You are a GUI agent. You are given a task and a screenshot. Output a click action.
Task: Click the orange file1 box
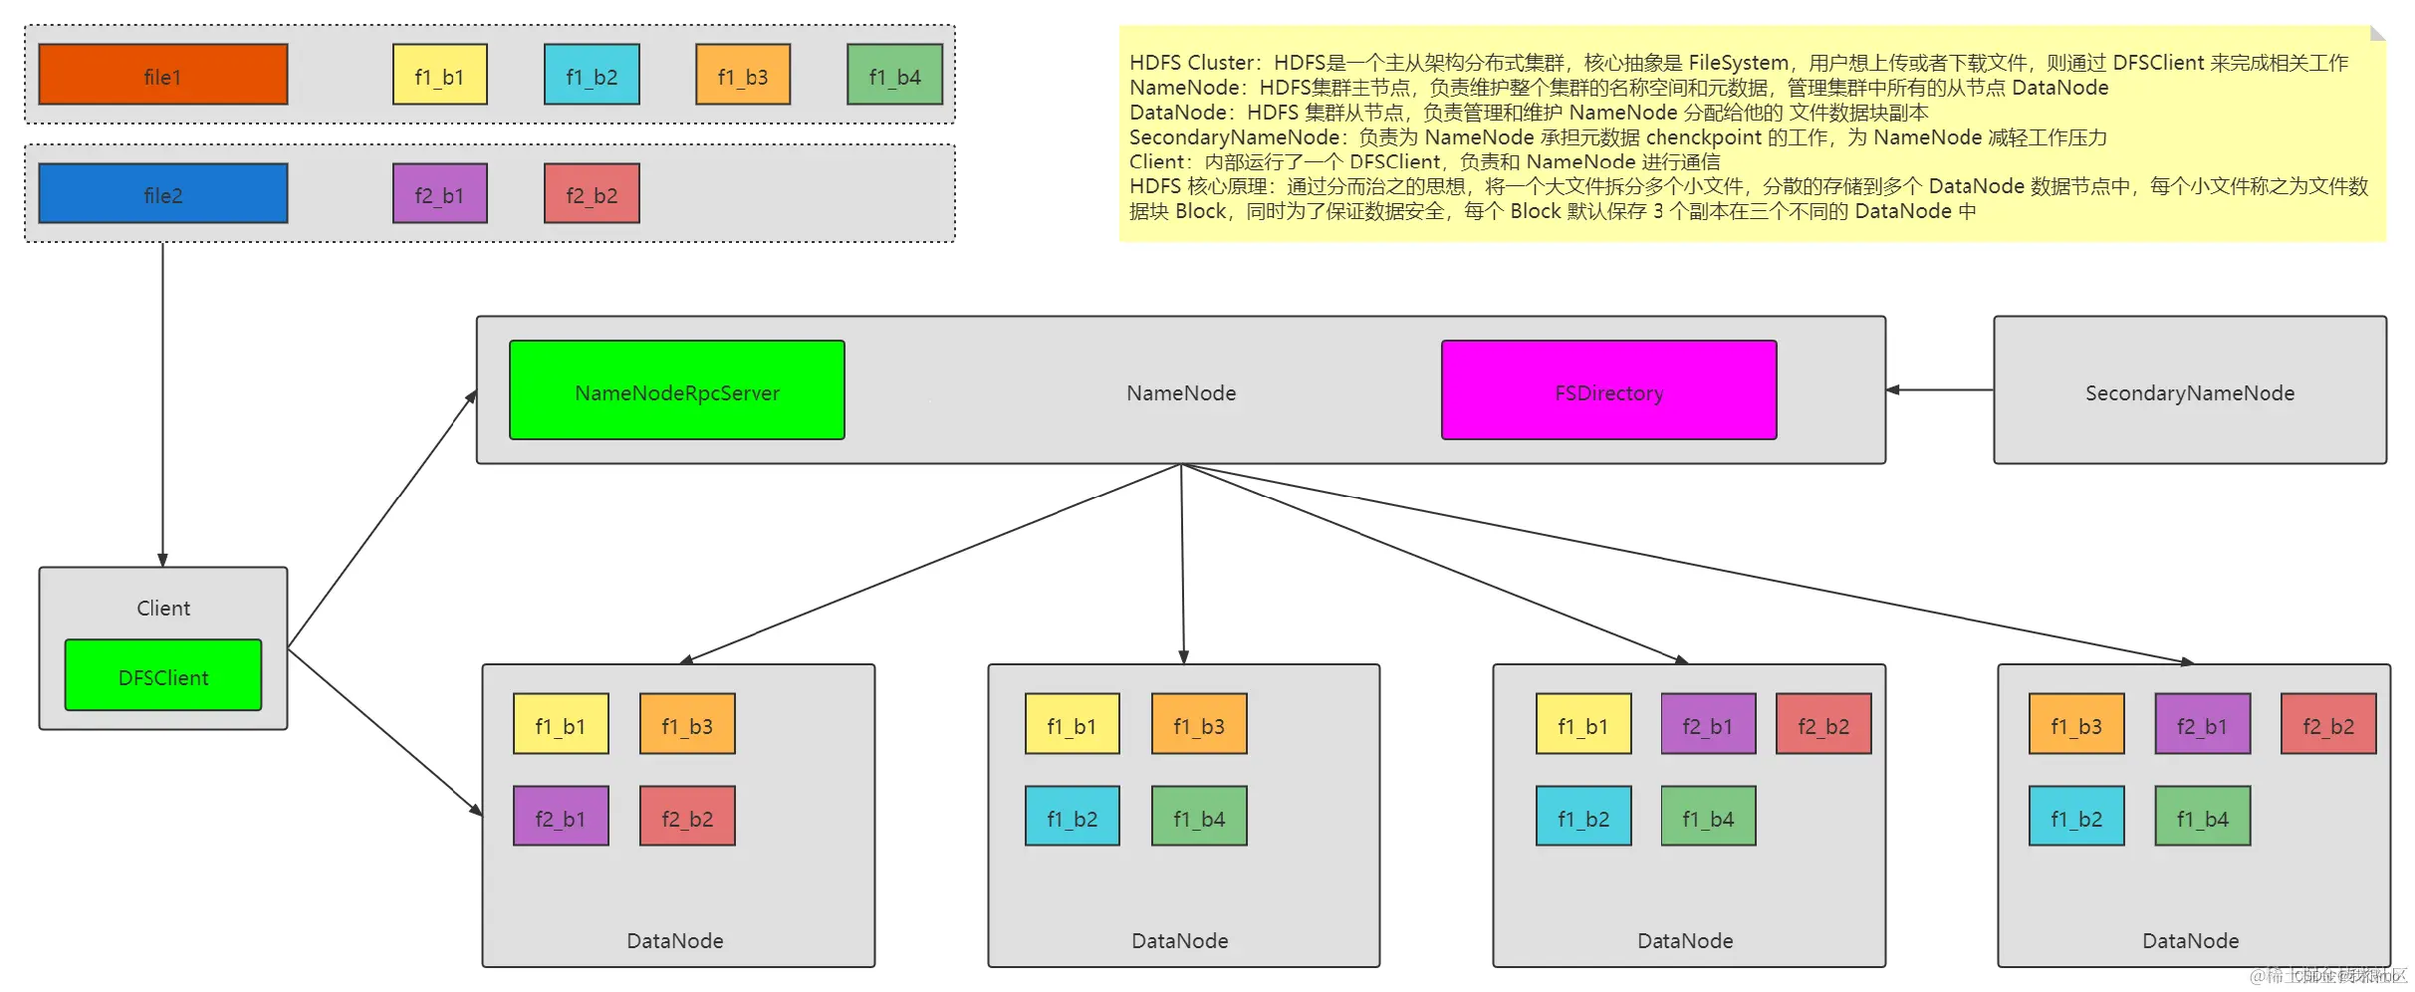[162, 75]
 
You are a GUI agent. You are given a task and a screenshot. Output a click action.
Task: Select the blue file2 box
[162, 193]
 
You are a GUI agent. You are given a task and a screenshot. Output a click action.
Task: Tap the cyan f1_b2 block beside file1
[592, 75]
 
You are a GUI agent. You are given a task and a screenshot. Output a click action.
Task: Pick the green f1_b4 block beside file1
[894, 75]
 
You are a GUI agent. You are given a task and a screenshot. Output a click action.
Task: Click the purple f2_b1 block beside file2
[439, 193]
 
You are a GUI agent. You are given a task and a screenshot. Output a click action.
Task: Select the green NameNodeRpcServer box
[676, 390]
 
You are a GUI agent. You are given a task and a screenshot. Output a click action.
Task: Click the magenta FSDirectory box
[1608, 390]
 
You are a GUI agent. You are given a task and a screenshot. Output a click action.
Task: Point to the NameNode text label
[1181, 393]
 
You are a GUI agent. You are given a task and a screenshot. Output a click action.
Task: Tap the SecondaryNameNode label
[2189, 393]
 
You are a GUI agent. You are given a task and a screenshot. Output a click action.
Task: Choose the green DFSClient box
[162, 675]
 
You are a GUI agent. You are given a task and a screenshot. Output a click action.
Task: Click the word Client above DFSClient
[162, 609]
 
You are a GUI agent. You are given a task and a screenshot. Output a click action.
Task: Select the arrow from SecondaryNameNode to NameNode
[1940, 390]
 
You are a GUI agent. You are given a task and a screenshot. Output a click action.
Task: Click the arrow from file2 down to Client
[162, 398]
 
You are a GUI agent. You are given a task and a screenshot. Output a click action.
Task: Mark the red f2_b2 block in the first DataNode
[687, 817]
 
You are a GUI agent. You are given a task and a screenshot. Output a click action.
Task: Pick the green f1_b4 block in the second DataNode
[1199, 817]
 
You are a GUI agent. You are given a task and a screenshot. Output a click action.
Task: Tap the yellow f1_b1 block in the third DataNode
[1583, 724]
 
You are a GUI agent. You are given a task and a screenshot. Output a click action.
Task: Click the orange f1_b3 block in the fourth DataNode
[2076, 724]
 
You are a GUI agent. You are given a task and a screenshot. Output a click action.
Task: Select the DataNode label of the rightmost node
[2190, 941]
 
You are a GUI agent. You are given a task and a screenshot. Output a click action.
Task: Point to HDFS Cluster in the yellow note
[1191, 63]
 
